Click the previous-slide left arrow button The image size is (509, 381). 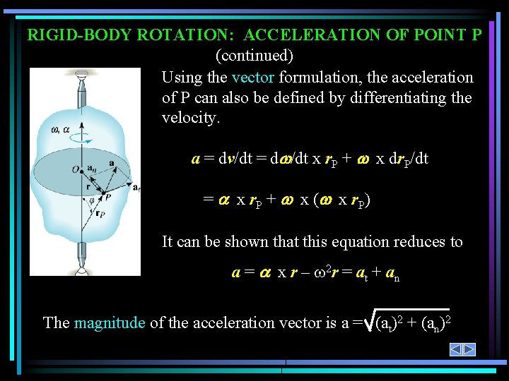coord(457,349)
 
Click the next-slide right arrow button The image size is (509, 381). coord(469,349)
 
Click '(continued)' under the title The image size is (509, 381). coord(254,55)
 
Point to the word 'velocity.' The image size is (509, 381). coord(191,117)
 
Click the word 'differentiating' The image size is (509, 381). coord(361,97)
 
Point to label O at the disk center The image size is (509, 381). coord(75,168)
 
